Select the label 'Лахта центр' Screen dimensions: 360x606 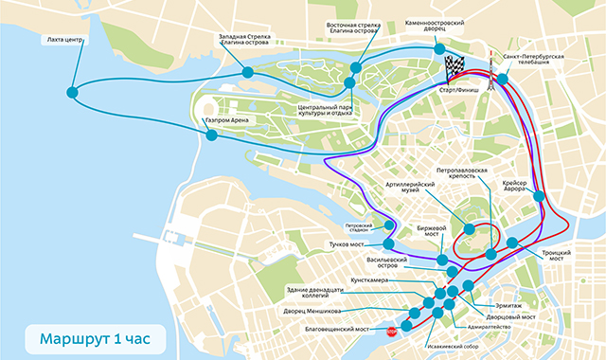coord(65,41)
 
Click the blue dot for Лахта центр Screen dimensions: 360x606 coord(73,92)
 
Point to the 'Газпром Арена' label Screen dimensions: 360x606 coord(227,121)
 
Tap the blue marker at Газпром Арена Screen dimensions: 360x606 coord(212,135)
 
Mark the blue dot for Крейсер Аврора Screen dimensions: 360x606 coord(539,196)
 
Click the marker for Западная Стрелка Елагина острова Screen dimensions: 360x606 coord(247,72)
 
